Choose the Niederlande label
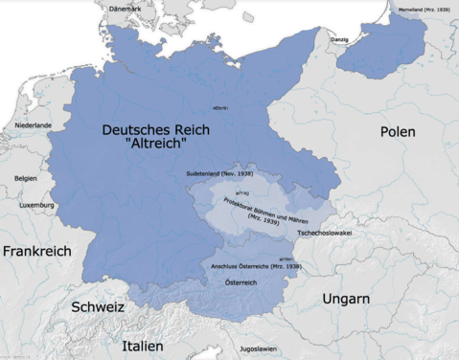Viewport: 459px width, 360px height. [x=33, y=125]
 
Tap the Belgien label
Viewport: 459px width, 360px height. [x=26, y=178]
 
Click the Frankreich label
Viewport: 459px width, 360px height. [x=36, y=251]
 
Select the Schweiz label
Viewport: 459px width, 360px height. [x=98, y=307]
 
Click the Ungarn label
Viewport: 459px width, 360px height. [x=346, y=300]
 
